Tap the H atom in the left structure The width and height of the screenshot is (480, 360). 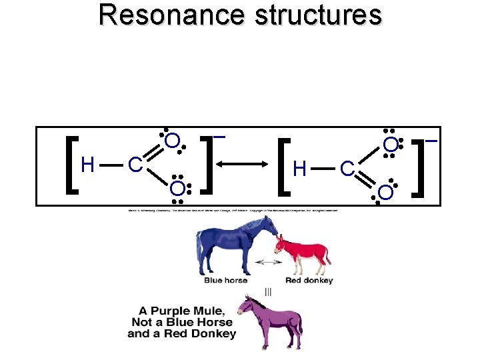[x=87, y=164]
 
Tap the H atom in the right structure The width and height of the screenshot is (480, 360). [x=300, y=169]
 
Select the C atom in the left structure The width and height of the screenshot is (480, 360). [x=134, y=164]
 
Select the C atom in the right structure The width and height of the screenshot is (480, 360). [x=347, y=169]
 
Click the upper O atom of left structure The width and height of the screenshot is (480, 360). [x=171, y=141]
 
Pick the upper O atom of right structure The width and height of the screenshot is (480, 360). [x=391, y=144]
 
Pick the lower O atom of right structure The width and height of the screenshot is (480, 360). [x=385, y=193]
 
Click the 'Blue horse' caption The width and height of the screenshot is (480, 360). [x=225, y=281]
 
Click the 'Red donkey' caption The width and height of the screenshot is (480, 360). [x=308, y=281]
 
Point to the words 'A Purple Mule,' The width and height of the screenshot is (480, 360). [x=181, y=311]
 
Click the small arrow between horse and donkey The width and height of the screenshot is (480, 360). [x=268, y=263]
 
